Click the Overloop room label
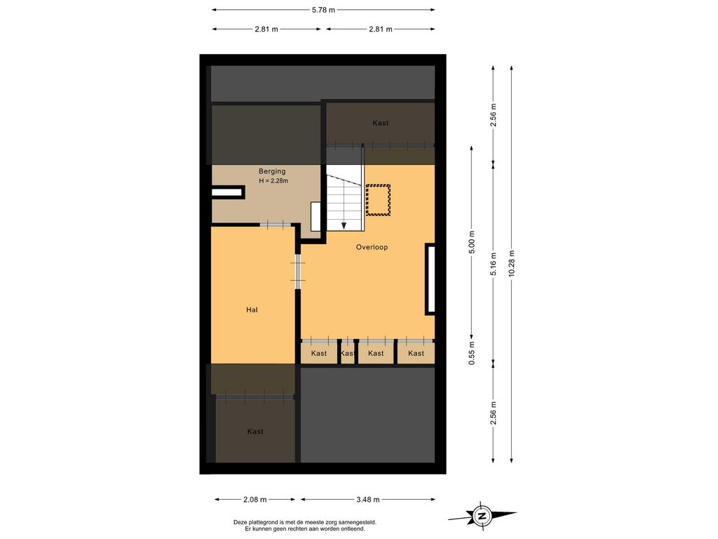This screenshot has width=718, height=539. [372, 247]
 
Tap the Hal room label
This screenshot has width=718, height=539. [252, 310]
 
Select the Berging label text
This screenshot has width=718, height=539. [272, 171]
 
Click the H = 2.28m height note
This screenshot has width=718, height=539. [273, 180]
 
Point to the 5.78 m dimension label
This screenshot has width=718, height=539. [323, 10]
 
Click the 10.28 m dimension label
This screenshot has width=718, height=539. [511, 263]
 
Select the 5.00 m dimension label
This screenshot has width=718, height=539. [472, 242]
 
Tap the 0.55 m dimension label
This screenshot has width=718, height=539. [472, 353]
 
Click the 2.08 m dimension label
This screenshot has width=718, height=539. [255, 500]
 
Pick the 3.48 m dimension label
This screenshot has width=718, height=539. [367, 500]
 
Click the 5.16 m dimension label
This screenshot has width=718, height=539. [493, 264]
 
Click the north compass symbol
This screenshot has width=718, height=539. [482, 516]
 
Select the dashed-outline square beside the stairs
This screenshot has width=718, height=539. [378, 200]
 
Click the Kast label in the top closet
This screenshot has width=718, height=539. [381, 123]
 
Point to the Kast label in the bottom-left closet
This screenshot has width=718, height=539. [255, 432]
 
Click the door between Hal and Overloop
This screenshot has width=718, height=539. [298, 272]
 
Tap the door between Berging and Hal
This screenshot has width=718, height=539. [276, 224]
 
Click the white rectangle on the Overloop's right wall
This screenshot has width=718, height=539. [430, 279]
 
